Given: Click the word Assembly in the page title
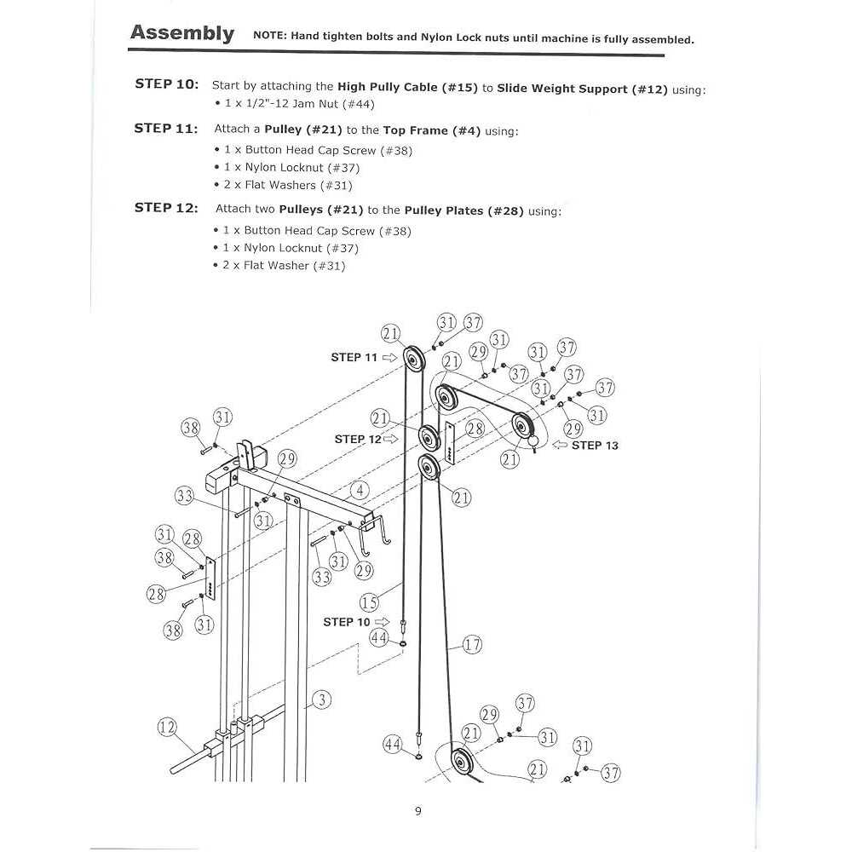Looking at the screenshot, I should tap(181, 33).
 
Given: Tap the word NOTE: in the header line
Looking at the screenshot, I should tap(270, 37).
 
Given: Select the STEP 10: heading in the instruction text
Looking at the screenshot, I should tap(166, 84).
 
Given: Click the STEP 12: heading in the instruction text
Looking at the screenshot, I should tap(166, 209).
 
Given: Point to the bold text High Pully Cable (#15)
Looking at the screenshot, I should tap(408, 88).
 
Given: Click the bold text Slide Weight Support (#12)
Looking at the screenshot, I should tap(582, 89).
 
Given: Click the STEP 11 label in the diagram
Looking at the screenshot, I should tap(354, 358).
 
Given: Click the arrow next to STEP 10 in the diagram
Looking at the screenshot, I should tap(382, 623).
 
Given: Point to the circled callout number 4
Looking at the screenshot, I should tap(361, 491).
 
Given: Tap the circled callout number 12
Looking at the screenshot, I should tap(168, 728).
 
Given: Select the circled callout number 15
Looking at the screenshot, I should tap(368, 602).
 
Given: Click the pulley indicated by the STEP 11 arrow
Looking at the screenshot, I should tap(412, 360).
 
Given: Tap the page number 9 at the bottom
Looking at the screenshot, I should tap(417, 811).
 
